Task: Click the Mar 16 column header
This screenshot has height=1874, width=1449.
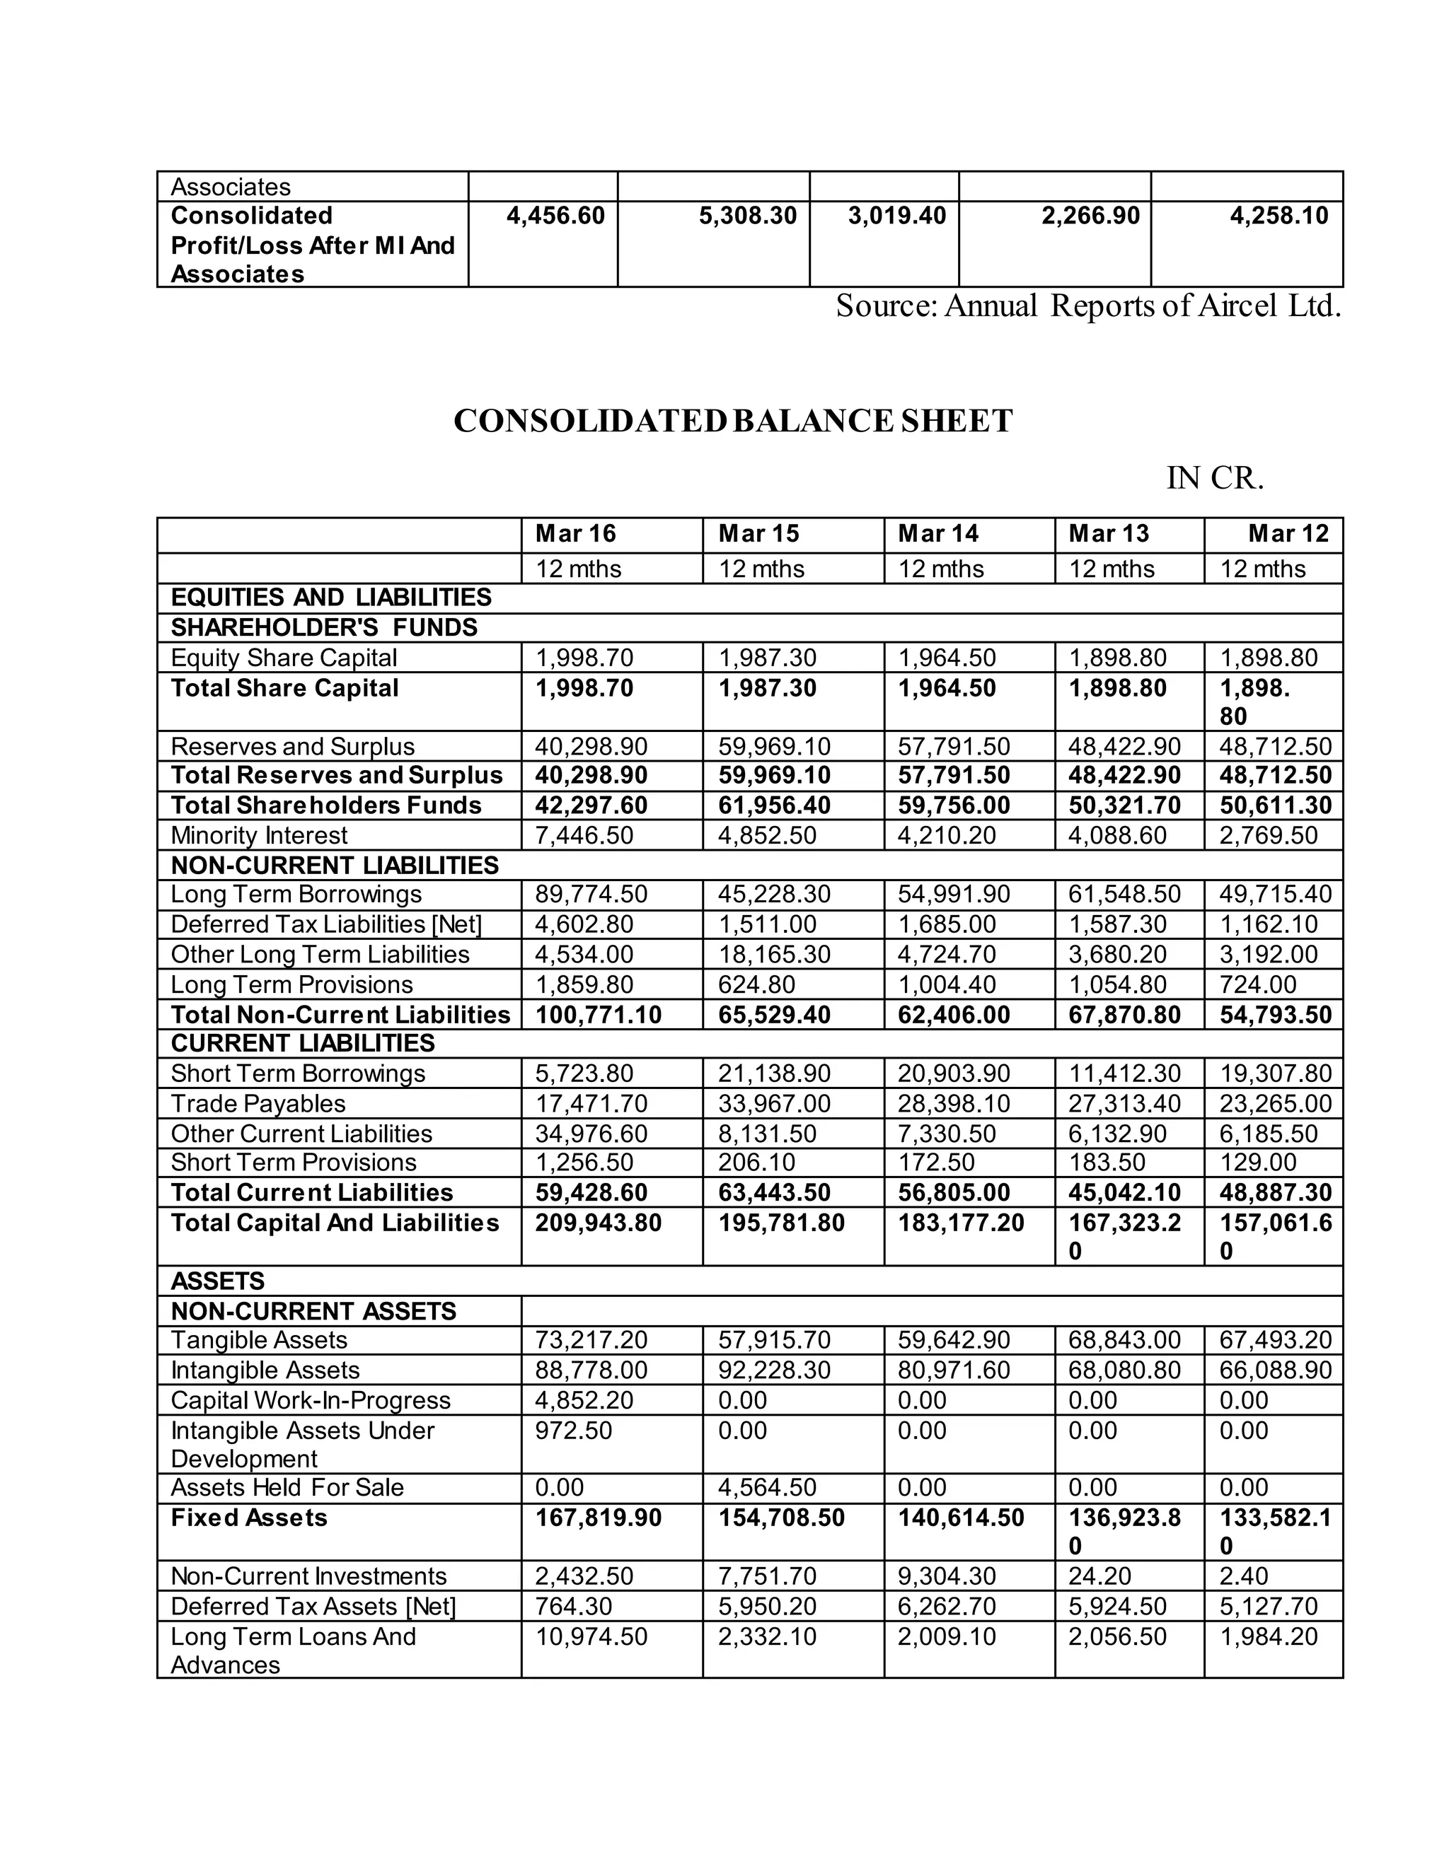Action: coord(575,534)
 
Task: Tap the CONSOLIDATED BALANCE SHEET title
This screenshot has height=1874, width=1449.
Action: coord(732,421)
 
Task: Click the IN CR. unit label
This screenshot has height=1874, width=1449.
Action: coord(1215,478)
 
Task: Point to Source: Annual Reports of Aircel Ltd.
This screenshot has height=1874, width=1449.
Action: coord(1087,305)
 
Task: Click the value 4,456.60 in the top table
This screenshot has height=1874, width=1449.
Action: coord(555,216)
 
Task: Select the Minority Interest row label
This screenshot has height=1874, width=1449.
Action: coord(258,835)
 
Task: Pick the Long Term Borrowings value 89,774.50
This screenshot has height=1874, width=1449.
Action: coord(591,894)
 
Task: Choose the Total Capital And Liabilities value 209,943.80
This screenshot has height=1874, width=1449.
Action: coord(599,1223)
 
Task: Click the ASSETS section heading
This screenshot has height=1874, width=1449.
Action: coord(217,1281)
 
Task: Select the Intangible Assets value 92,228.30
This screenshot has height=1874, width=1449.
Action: coord(773,1370)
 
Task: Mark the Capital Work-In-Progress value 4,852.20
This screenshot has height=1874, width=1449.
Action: coord(584,1400)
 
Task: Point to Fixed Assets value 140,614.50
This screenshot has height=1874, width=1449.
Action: coord(961,1518)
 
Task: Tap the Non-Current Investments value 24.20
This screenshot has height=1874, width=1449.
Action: coord(1092,1576)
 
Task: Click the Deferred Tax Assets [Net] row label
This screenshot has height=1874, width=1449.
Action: coord(313,1606)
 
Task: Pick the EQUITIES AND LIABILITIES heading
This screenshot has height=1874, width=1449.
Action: coord(330,598)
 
